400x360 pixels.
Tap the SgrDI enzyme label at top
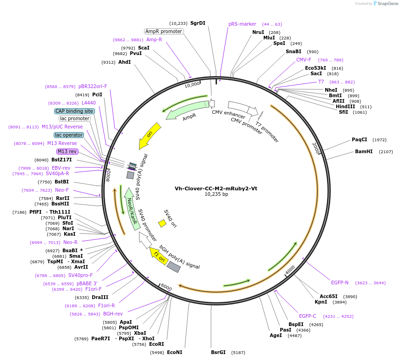(x=198, y=23)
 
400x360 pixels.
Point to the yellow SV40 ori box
(x=162, y=223)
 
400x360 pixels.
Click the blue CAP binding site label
(x=75, y=111)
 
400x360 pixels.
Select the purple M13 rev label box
(x=67, y=151)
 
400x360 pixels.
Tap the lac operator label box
(x=69, y=135)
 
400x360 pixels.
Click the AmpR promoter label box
(x=164, y=31)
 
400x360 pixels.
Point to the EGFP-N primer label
(x=340, y=282)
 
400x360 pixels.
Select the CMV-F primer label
(x=304, y=60)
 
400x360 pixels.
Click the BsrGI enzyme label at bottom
(x=218, y=352)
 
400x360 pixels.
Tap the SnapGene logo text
(x=387, y=4)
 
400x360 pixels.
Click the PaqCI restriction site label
(x=360, y=139)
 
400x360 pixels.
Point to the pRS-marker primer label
(x=242, y=24)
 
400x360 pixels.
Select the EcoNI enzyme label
(x=174, y=352)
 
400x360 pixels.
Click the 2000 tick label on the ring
(x=316, y=148)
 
